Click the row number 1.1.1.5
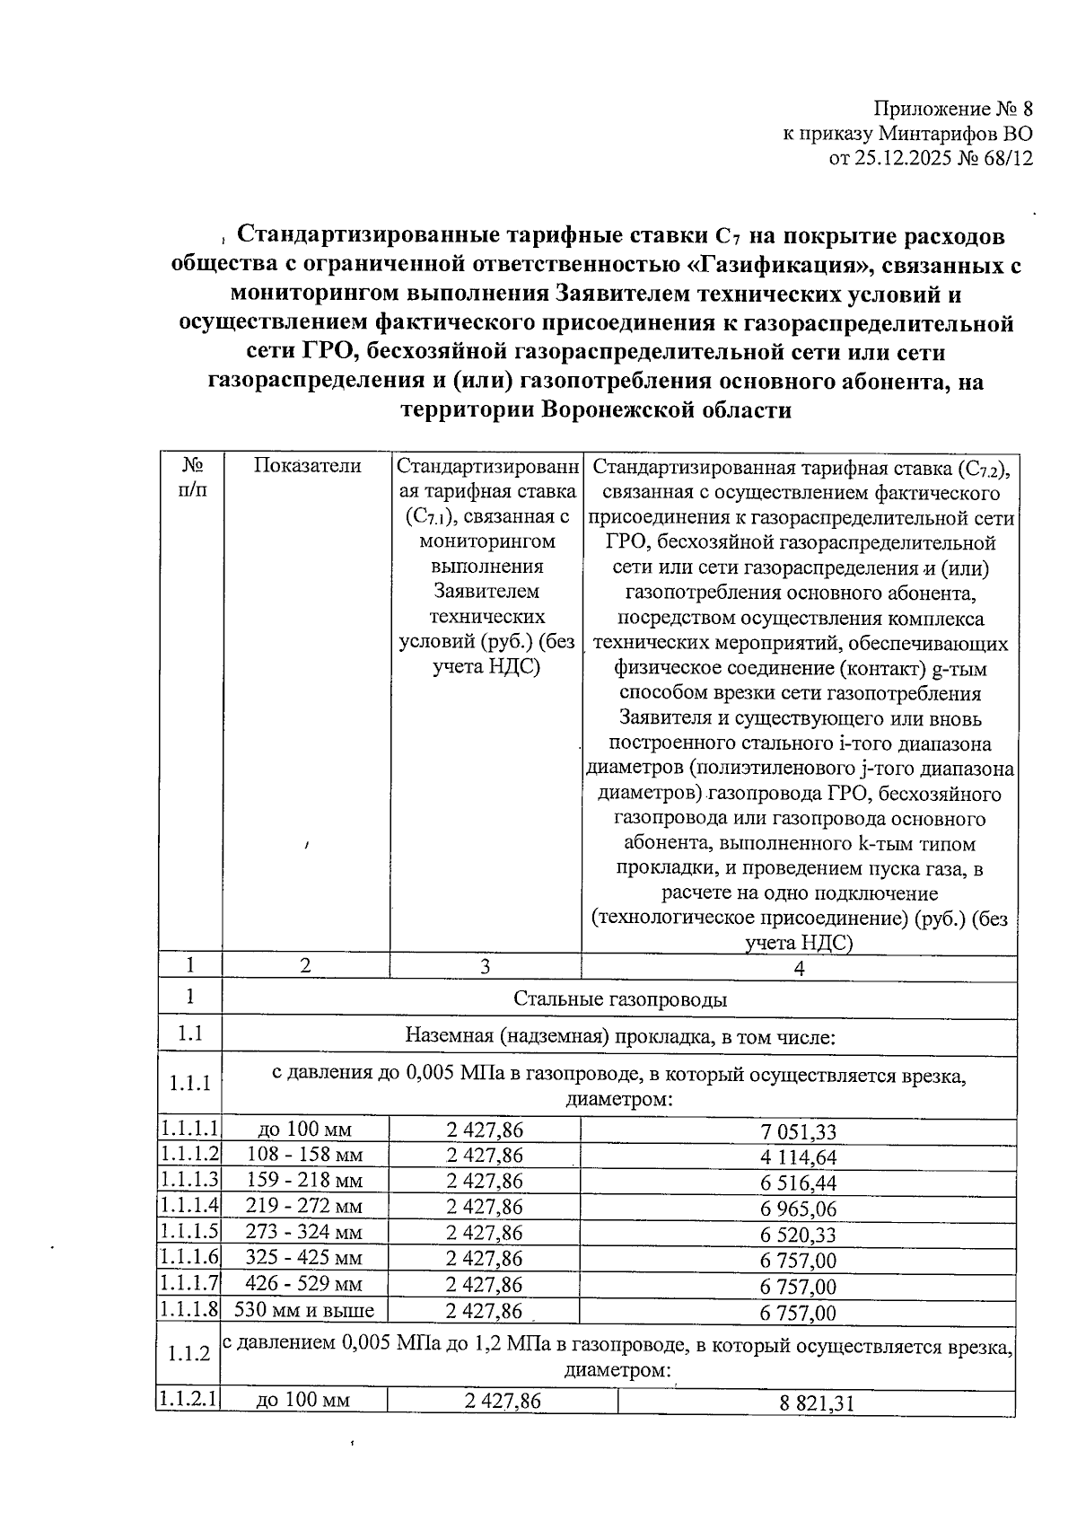(189, 1231)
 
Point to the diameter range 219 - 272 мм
(304, 1206)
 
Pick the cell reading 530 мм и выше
(304, 1310)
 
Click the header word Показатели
(307, 465)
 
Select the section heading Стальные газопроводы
(620, 999)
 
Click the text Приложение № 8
(953, 110)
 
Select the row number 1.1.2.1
(189, 1399)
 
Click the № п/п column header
(190, 478)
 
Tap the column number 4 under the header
(799, 968)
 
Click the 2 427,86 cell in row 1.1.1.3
(485, 1181)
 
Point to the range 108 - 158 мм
(304, 1155)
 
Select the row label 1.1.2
(189, 1354)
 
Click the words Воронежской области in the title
(667, 410)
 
